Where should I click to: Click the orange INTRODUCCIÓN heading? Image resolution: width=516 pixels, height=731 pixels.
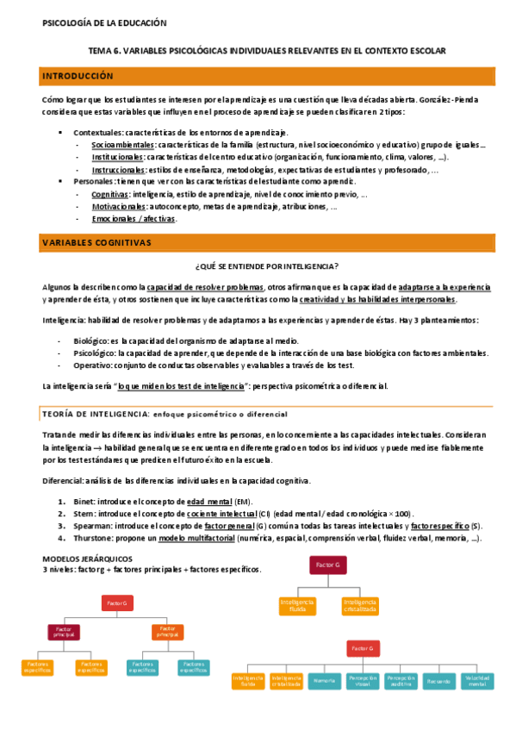(78, 77)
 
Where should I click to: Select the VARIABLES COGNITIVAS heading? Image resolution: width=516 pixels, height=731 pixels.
(96, 244)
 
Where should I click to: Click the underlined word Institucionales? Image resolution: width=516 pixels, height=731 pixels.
(119, 157)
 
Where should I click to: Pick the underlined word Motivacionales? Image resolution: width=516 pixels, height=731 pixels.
(120, 207)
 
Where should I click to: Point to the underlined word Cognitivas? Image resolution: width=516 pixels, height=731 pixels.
(109, 195)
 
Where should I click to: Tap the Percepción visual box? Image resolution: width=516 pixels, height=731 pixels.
(362, 681)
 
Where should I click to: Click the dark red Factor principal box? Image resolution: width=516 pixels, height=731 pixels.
(63, 633)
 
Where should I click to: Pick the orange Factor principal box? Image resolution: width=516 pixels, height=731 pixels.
(168, 633)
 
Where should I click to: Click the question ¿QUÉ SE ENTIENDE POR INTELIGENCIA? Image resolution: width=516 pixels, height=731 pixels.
(267, 266)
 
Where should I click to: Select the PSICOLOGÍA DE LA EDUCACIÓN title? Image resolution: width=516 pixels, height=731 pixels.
(104, 23)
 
